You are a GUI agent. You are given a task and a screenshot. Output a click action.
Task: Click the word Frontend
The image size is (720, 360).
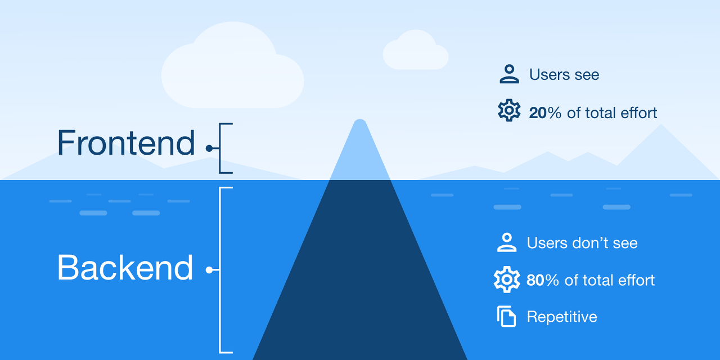(125, 143)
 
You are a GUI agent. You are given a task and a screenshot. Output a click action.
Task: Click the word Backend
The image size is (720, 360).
(125, 268)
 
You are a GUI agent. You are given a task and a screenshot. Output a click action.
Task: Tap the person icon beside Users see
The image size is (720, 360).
(509, 74)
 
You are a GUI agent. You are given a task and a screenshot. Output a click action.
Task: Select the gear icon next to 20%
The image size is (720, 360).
(509, 110)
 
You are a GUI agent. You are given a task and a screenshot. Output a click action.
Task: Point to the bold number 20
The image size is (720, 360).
(538, 113)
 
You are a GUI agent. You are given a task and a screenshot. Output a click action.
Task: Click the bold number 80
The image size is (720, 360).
(535, 280)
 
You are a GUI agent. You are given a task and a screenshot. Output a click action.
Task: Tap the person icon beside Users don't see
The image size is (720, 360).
(507, 242)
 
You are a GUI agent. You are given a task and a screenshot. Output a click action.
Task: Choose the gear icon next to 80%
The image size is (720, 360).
(506, 280)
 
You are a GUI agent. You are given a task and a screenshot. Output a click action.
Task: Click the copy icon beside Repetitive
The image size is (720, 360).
(506, 317)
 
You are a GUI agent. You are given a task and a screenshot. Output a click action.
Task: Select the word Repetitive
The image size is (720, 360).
(561, 317)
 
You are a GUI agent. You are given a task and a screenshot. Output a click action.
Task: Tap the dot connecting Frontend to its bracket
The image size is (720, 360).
(209, 148)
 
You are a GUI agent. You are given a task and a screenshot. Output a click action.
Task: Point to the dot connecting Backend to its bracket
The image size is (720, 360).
(209, 270)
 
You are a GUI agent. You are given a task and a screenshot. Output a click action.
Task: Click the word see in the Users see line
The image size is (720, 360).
(587, 75)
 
